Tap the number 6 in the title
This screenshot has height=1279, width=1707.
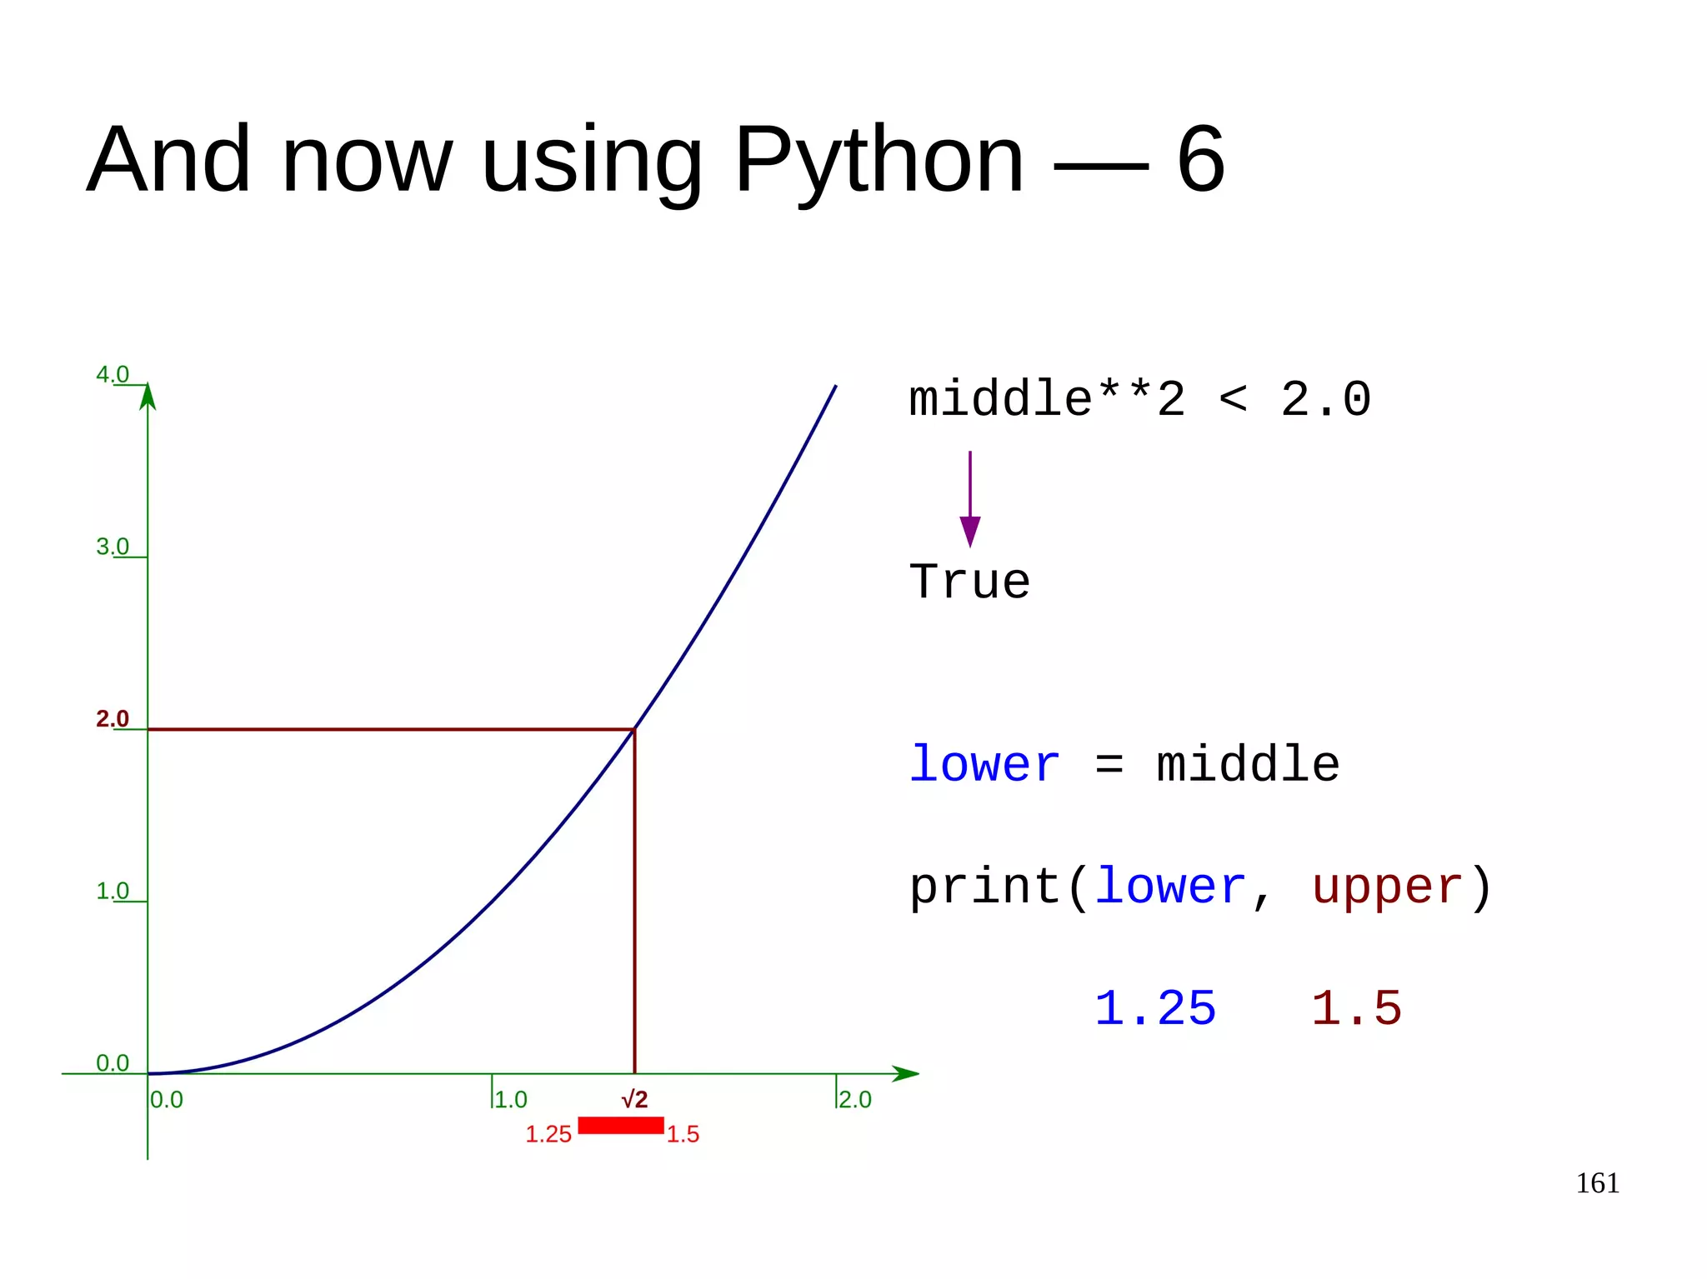[x=1200, y=160]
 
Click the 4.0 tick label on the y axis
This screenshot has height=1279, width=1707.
[x=113, y=374]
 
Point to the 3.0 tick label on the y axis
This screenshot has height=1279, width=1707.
[x=113, y=547]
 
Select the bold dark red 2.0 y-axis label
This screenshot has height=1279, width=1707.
[x=113, y=718]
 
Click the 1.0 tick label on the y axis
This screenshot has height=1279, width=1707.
[x=113, y=891]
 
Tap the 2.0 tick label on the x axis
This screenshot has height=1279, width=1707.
[x=855, y=1099]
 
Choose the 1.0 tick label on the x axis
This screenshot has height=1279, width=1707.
[x=511, y=1099]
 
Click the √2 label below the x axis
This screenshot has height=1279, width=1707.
[x=634, y=1099]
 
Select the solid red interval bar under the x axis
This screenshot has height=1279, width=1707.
[x=621, y=1126]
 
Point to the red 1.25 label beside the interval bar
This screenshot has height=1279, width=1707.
[x=548, y=1134]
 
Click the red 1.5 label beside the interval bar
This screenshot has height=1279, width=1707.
[x=683, y=1134]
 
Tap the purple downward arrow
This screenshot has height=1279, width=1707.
[x=970, y=500]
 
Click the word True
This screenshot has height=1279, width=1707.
[x=970, y=582]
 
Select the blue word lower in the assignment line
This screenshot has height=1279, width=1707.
[x=984, y=764]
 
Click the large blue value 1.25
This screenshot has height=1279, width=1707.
[x=1155, y=1008]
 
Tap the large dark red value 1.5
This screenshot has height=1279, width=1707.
[x=1357, y=1008]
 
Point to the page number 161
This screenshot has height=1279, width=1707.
[x=1597, y=1183]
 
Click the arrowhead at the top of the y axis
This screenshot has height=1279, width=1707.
[x=148, y=397]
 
